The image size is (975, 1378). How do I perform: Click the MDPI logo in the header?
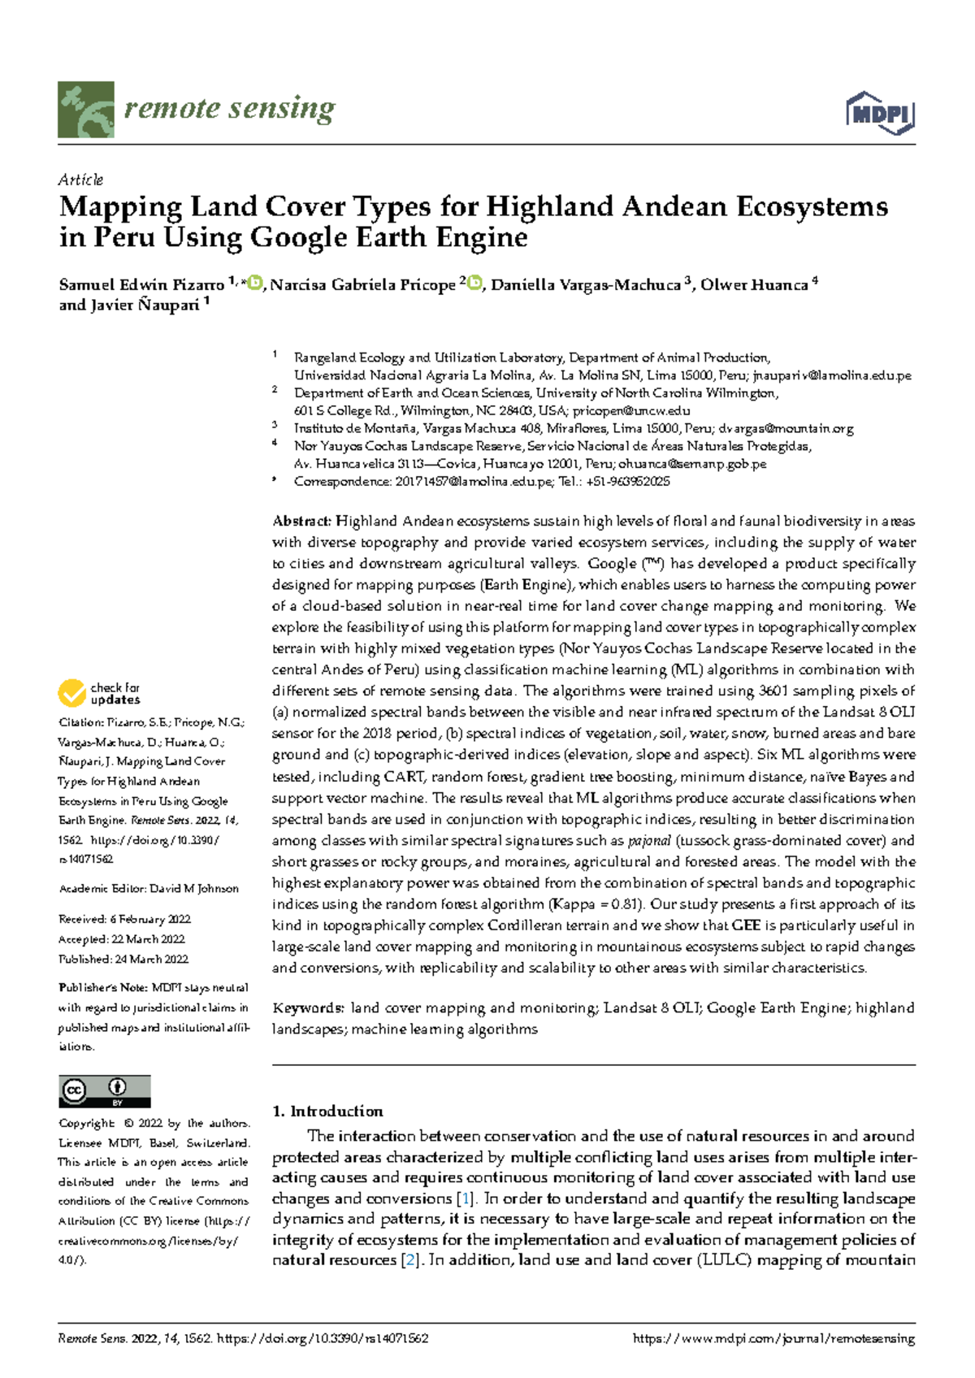click(x=881, y=113)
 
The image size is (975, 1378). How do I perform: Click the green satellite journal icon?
click(x=85, y=110)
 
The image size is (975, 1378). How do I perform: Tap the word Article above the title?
click(x=80, y=180)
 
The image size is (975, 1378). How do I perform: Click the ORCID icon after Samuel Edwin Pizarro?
click(x=256, y=284)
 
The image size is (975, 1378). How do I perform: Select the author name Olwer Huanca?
click(x=754, y=285)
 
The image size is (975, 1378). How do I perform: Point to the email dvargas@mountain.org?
click(x=786, y=429)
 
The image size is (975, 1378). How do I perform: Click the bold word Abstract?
click(x=301, y=522)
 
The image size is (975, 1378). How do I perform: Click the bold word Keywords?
click(x=308, y=1008)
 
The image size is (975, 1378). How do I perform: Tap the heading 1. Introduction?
click(x=327, y=1111)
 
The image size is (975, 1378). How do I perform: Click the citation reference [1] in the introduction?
click(x=466, y=1198)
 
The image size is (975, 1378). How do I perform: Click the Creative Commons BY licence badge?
click(x=104, y=1091)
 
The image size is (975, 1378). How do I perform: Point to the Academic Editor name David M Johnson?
click(x=194, y=889)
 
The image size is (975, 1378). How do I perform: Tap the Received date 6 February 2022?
click(x=149, y=920)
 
